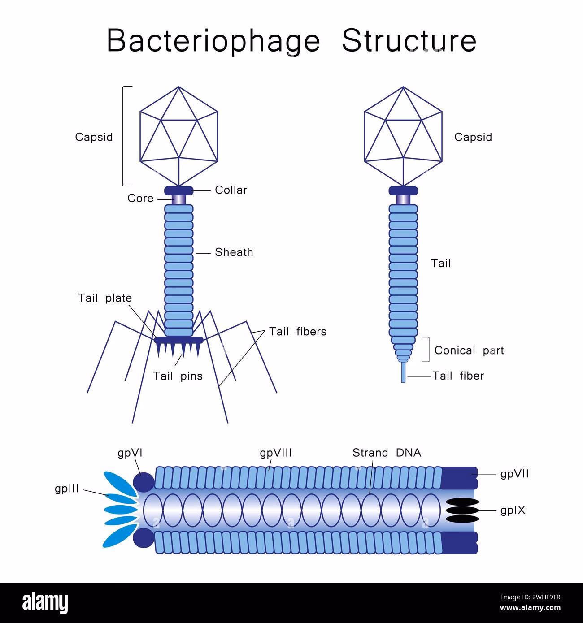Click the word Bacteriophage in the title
213,41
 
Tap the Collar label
231,190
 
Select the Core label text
140,198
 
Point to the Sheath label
234,252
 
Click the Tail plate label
105,298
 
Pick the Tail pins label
178,376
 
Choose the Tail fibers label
298,332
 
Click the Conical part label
469,350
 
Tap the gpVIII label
276,453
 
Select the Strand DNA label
387,453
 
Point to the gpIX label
513,511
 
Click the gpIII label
67,489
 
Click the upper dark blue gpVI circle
144,482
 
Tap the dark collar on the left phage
179,190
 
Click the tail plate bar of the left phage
179,340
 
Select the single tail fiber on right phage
403,372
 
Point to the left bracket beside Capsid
124,136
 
